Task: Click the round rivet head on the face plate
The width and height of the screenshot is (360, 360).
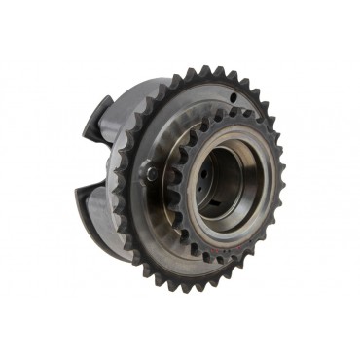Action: click(x=154, y=175)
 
